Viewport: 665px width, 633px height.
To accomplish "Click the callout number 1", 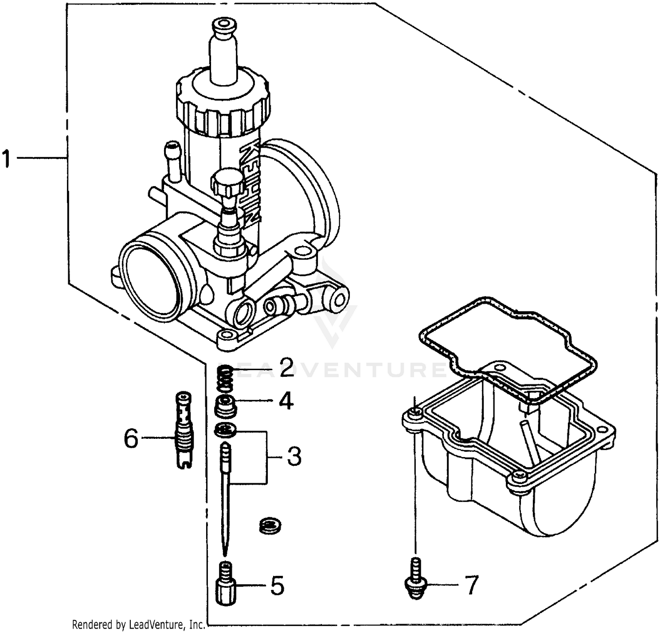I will (x=6, y=159).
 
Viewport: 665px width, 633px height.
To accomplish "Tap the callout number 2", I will (x=286, y=367).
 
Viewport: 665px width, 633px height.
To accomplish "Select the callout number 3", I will (x=293, y=456).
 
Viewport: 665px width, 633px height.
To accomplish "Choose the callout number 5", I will (x=277, y=586).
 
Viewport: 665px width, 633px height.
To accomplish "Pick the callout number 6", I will (x=131, y=438).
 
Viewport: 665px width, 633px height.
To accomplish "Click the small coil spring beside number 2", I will (x=227, y=378).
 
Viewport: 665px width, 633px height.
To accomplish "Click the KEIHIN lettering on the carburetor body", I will (x=250, y=182).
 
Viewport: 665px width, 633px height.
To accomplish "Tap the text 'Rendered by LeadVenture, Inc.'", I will (x=138, y=625).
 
